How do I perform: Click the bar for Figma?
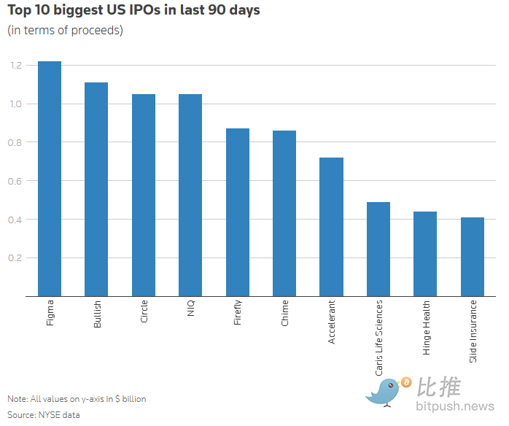tap(50, 179)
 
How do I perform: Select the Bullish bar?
tap(96, 190)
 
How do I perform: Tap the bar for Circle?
tap(144, 195)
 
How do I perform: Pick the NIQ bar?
tap(190, 195)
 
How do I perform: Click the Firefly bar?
tap(238, 212)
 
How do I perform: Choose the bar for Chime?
tap(284, 213)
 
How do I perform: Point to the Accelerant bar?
tap(331, 227)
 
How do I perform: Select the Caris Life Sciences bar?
tap(378, 249)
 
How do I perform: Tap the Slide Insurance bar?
tap(473, 257)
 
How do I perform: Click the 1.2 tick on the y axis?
tap(16, 66)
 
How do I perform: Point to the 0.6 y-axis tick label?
tap(16, 181)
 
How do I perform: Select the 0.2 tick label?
tap(16, 258)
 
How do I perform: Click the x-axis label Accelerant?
tap(332, 322)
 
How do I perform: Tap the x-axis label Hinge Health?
tap(426, 328)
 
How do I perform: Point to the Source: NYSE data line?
tap(44, 414)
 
